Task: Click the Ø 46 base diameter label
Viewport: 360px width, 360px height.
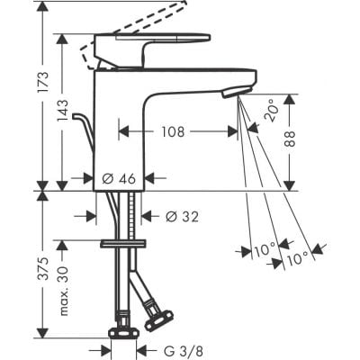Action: pyautogui.click(x=120, y=178)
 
